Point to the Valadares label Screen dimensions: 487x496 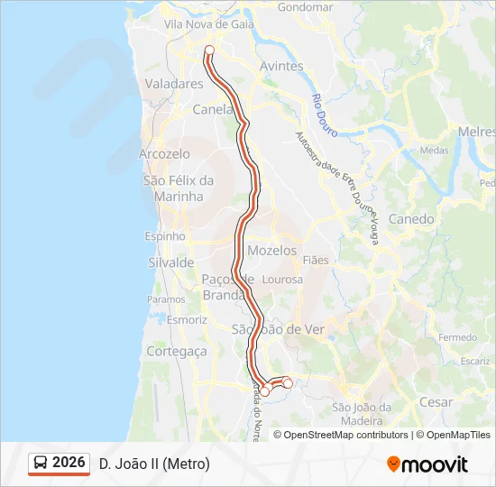(174, 84)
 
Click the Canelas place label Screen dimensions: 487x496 (215, 110)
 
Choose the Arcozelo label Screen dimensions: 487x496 (165, 154)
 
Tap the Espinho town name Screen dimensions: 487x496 (165, 236)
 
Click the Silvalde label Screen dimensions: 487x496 (170, 262)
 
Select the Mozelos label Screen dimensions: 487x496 (271, 251)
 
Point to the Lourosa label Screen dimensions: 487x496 (280, 280)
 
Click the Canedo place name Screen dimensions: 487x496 (410, 219)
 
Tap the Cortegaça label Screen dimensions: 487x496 (176, 351)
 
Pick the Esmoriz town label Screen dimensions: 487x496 (188, 319)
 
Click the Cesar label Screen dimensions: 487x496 (437, 402)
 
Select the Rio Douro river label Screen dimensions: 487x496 (324, 115)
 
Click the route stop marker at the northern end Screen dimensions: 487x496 (209, 51)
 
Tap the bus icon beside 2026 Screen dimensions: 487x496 (41, 464)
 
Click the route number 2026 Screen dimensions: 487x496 (69, 463)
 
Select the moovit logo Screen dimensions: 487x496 (427, 464)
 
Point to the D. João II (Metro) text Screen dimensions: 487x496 (154, 464)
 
